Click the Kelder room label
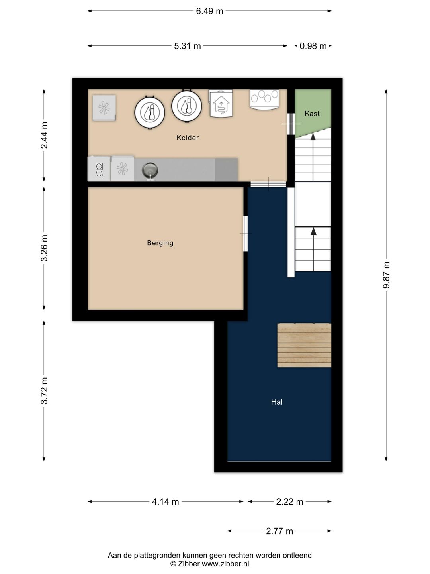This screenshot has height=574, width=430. click(x=188, y=138)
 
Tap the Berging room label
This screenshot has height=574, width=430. click(x=160, y=243)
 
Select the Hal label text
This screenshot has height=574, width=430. click(x=277, y=402)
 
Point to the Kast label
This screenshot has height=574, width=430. click(x=312, y=114)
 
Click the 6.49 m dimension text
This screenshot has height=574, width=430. click(x=210, y=11)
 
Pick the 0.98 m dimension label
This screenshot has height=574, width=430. click(x=313, y=46)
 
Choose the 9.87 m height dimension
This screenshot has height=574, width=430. click(x=386, y=275)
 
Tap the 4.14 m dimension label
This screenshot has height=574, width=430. click(x=166, y=502)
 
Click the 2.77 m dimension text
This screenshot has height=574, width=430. click(x=279, y=531)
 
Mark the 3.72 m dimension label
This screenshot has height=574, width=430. click(x=44, y=391)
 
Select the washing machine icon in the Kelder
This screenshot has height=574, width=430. click(x=99, y=169)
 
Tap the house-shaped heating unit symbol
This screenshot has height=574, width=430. click(x=221, y=104)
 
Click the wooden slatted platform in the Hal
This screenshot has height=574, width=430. click(x=304, y=345)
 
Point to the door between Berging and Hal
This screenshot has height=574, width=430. click(x=245, y=234)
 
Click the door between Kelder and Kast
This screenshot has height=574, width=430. click(x=291, y=124)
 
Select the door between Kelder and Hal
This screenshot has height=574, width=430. click(x=268, y=184)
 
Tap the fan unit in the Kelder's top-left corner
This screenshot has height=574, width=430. click(x=104, y=108)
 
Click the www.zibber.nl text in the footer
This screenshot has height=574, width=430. click(x=225, y=564)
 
